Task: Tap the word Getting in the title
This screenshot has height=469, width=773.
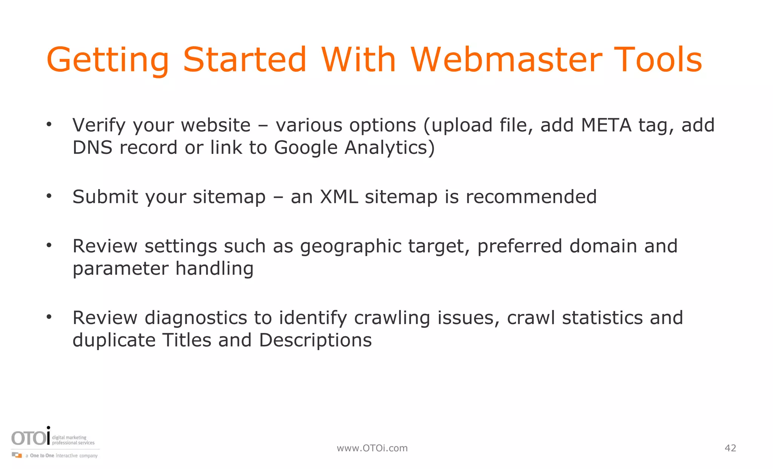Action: [108, 60]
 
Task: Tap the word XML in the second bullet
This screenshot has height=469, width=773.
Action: [339, 197]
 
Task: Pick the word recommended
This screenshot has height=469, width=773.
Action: [531, 197]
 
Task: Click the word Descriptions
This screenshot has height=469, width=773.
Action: [315, 340]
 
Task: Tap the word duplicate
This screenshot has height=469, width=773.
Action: [114, 340]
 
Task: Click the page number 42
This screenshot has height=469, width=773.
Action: [730, 448]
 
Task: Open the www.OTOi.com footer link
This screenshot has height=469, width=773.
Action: [372, 448]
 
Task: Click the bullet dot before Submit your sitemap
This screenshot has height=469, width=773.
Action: [49, 196]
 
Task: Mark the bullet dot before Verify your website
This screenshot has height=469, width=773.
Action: [49, 125]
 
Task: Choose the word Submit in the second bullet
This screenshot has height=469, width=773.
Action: [105, 197]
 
